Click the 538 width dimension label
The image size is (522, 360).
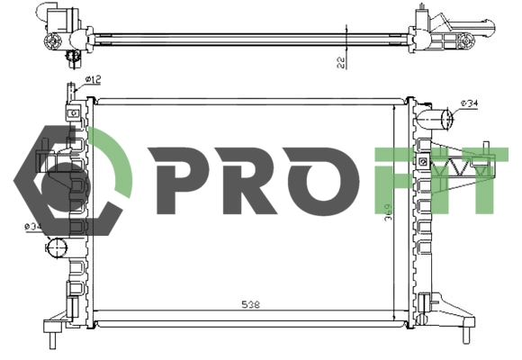(x=251, y=304)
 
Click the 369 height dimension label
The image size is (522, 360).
(x=389, y=212)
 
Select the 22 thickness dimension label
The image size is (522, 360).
(x=340, y=62)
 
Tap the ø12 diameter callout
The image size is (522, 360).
(x=93, y=79)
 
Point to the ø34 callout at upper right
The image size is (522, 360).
(x=469, y=103)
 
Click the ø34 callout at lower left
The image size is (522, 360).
(x=33, y=227)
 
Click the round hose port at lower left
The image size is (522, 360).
(x=57, y=247)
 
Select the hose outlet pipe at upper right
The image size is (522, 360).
(x=436, y=119)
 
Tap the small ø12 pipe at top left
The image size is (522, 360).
(x=72, y=91)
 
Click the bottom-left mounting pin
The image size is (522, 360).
(x=52, y=340)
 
